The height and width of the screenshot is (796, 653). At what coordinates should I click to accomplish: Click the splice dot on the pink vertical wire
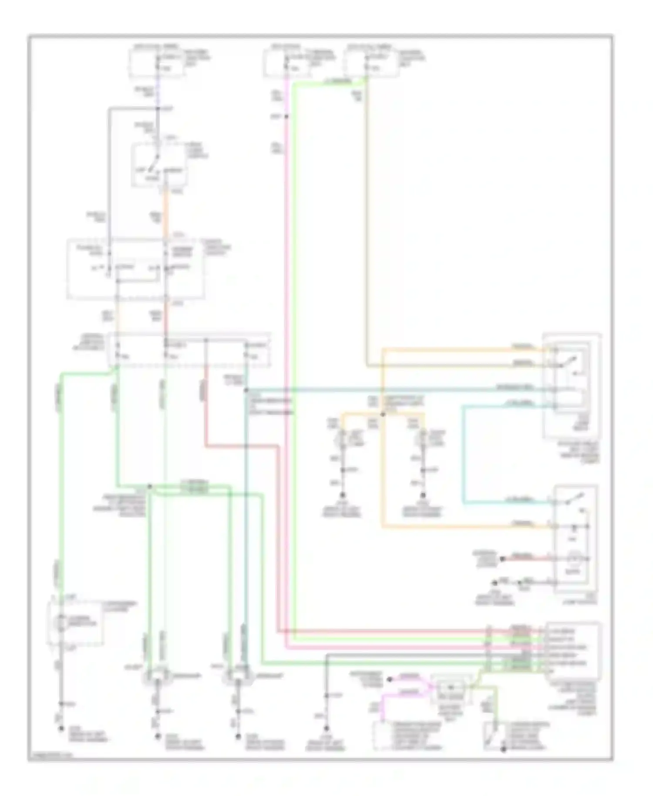point(286,117)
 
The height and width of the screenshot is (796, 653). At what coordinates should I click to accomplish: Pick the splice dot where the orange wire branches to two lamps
point(383,414)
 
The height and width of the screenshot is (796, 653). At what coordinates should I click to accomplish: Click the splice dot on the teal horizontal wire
point(246,390)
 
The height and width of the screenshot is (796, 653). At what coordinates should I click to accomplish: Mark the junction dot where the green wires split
point(149,486)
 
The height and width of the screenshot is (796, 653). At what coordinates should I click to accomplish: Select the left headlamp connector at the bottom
point(157,678)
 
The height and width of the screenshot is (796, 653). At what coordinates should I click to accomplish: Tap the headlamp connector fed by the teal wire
point(238,678)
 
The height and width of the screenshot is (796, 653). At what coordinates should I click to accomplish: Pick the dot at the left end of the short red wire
point(502,559)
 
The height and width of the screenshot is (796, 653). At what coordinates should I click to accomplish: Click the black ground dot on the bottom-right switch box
point(503,749)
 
